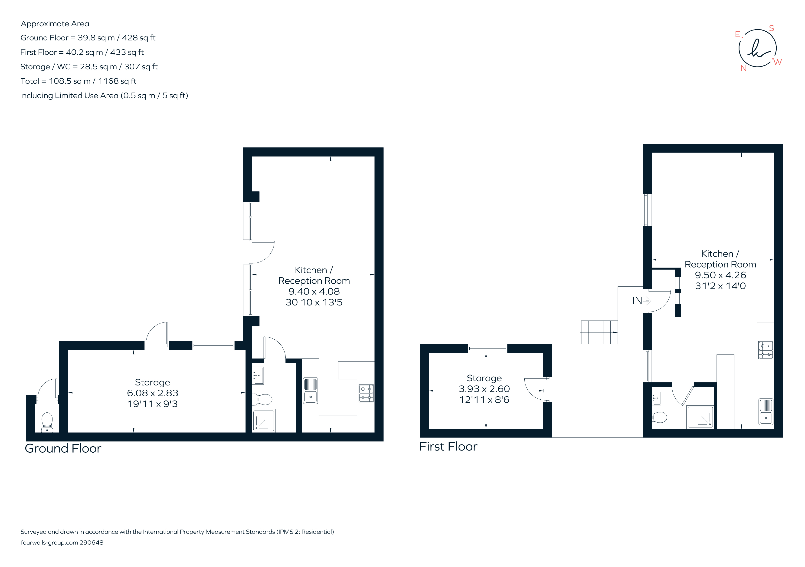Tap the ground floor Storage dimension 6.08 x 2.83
pos(153,393)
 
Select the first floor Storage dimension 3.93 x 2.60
pos(484,389)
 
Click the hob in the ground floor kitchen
pos(366,393)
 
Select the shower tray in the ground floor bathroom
pos(264,420)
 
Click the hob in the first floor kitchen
pos(766,350)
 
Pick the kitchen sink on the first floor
pos(766,411)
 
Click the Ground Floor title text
pos(63,448)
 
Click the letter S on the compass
pos(771,28)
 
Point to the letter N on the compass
pos(743,68)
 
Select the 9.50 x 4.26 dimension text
pos(720,275)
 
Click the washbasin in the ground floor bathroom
pos(258,375)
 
